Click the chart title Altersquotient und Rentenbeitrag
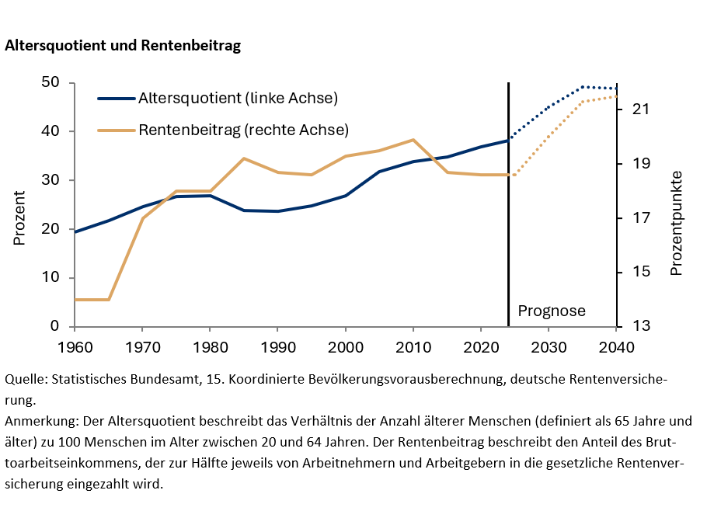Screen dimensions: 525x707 (x=123, y=46)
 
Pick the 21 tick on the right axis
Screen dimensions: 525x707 (x=640, y=110)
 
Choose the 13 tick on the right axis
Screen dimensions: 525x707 (x=640, y=327)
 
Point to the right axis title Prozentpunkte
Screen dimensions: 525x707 (x=676, y=223)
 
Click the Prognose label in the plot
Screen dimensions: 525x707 (x=552, y=311)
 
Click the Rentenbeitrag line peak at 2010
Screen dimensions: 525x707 (x=413, y=140)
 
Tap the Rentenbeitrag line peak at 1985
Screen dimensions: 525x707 (x=244, y=158)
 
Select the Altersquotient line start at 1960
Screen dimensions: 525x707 (x=75, y=231)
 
